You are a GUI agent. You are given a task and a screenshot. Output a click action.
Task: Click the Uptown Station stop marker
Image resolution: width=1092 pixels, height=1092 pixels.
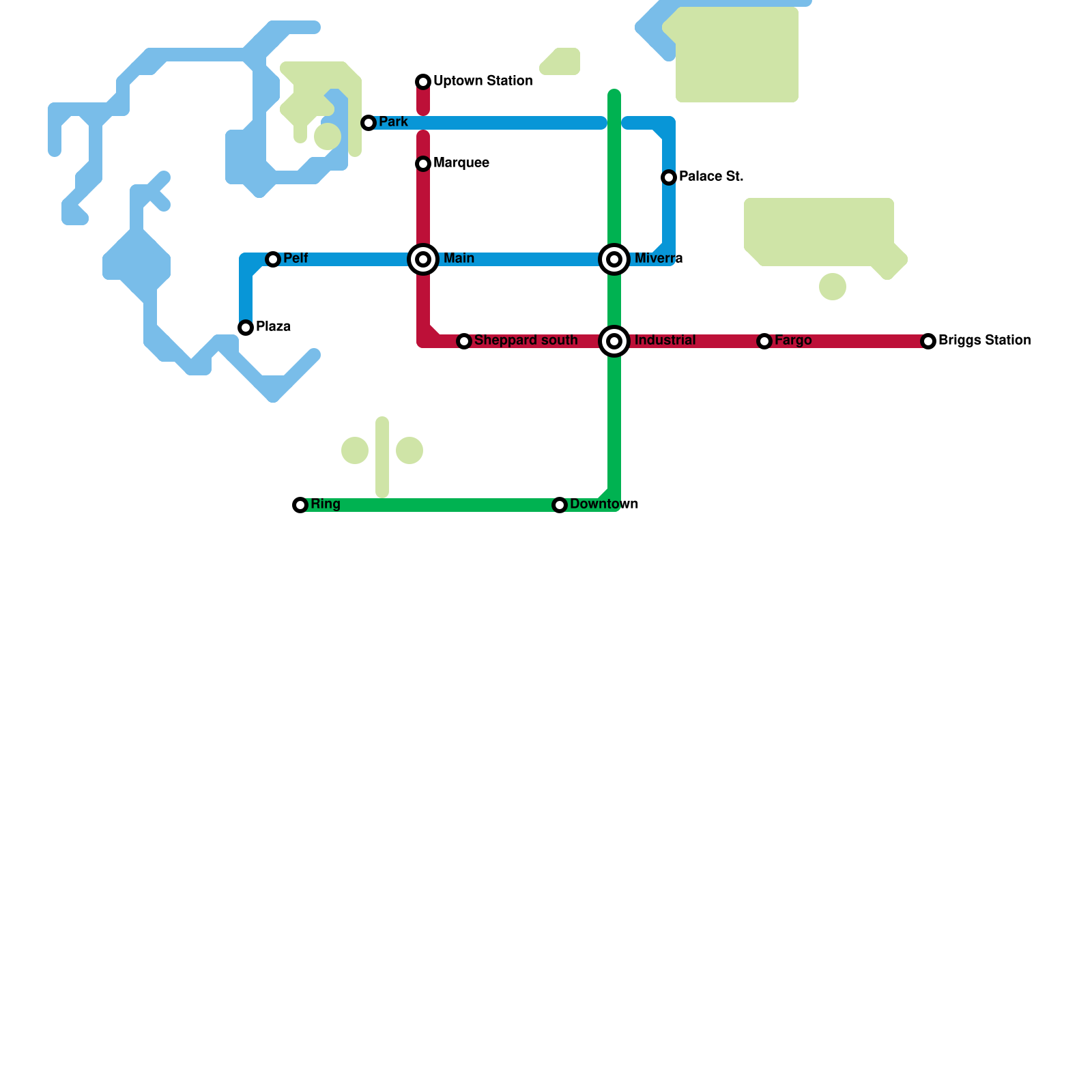pos(423,82)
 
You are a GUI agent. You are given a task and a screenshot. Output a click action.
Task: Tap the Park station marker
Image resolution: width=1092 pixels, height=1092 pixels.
pos(369,123)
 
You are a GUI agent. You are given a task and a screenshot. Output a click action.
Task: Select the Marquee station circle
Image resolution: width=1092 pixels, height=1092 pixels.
pos(423,164)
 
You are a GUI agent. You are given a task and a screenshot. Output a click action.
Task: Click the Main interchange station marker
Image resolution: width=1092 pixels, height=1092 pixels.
pos(423,259)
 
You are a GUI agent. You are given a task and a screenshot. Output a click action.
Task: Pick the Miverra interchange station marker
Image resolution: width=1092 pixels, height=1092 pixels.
pos(614,259)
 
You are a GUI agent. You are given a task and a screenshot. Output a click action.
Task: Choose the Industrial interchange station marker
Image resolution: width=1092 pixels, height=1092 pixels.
pos(614,341)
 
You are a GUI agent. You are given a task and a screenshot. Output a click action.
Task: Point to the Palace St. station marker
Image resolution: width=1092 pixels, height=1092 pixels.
pos(669,177)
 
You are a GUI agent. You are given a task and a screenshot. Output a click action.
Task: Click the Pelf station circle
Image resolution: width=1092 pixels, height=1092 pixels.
pos(273,259)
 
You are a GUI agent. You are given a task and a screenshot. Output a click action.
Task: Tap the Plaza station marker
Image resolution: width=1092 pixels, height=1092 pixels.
pos(246,328)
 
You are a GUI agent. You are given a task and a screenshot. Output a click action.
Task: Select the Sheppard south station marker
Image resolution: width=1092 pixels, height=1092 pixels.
pos(464,341)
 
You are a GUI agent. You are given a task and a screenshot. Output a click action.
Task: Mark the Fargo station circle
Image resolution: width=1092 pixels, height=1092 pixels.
pos(764,341)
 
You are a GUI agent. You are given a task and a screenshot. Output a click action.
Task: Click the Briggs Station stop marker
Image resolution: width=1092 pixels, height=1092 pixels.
pos(928,341)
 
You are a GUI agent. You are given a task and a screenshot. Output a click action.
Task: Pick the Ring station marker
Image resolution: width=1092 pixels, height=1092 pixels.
pos(300,505)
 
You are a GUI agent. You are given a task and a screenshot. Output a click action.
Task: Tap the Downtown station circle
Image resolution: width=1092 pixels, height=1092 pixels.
pos(560,505)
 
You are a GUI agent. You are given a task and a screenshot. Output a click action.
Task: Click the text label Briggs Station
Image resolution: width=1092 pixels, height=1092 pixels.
pos(984,340)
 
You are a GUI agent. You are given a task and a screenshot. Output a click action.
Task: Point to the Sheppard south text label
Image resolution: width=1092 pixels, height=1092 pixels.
pos(526,340)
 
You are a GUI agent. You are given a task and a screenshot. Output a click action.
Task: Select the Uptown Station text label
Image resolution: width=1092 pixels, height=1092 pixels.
pos(483,81)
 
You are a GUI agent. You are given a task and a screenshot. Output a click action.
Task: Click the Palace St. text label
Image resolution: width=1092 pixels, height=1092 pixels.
pos(711,176)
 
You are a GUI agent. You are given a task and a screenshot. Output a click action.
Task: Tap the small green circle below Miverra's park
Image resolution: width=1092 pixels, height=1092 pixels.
pos(833,287)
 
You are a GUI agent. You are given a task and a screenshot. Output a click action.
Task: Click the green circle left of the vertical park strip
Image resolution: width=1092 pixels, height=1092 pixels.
pos(355,450)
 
